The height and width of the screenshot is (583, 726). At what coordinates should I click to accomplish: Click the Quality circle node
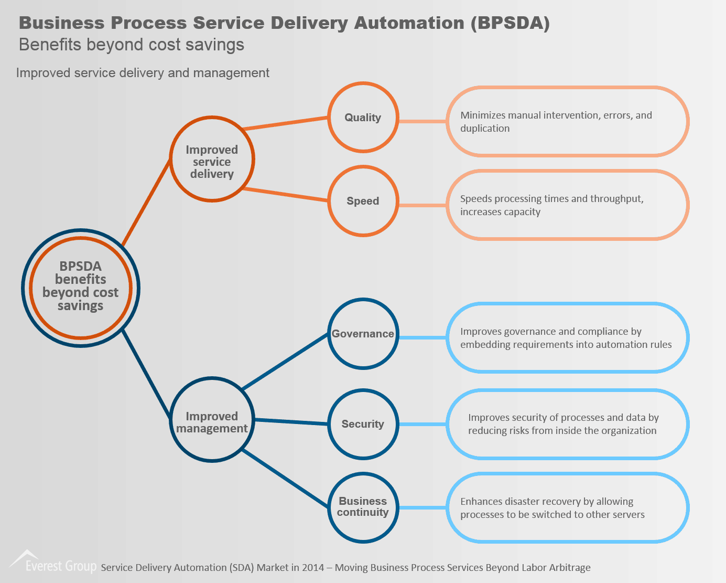[x=363, y=118]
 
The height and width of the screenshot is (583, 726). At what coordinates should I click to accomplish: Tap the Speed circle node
[x=363, y=201]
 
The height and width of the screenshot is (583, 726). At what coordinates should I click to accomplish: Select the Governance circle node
[x=363, y=334]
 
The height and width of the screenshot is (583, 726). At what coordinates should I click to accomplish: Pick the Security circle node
[x=363, y=424]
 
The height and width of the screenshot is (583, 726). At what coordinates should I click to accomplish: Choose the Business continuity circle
[x=363, y=507]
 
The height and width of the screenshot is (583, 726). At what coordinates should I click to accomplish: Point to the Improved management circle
[x=212, y=420]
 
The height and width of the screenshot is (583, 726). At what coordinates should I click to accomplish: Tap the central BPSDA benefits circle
[x=81, y=288]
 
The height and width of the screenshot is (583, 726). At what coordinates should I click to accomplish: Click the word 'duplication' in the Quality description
[x=485, y=129]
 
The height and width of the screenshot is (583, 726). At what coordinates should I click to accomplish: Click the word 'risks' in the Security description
[x=518, y=431]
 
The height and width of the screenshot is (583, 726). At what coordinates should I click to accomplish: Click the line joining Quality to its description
[x=422, y=121]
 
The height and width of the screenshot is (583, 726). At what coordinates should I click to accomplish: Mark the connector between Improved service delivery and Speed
[x=286, y=194]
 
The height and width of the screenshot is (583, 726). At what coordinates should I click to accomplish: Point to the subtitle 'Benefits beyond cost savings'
[x=131, y=45]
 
